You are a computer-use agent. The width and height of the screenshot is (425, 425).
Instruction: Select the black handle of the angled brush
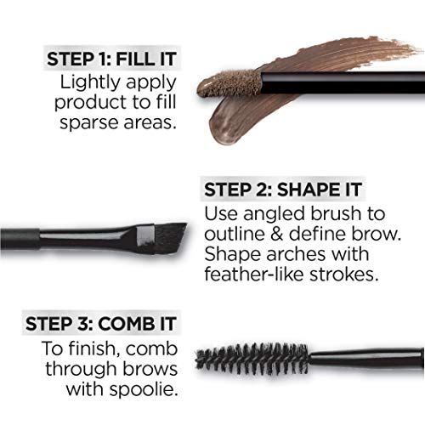[68, 230]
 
